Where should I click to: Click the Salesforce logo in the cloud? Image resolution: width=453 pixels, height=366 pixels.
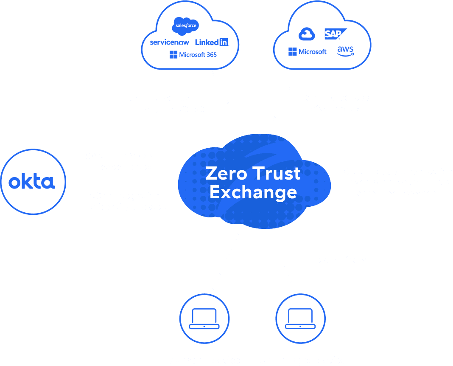pos(187,27)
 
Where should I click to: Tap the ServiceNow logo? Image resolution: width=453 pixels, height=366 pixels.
pos(170,42)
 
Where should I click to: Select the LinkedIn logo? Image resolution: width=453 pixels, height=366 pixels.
pos(212,42)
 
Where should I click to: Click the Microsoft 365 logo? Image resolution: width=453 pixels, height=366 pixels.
pos(193,55)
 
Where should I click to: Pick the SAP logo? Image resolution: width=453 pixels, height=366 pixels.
pos(336,34)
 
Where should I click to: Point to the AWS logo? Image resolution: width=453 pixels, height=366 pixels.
pos(345,51)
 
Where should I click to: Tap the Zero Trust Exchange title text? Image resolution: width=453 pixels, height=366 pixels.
pos(253,183)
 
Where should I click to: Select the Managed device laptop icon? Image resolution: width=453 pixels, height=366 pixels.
pos(204,318)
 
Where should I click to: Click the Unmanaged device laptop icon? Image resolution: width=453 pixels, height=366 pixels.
pos(300,318)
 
